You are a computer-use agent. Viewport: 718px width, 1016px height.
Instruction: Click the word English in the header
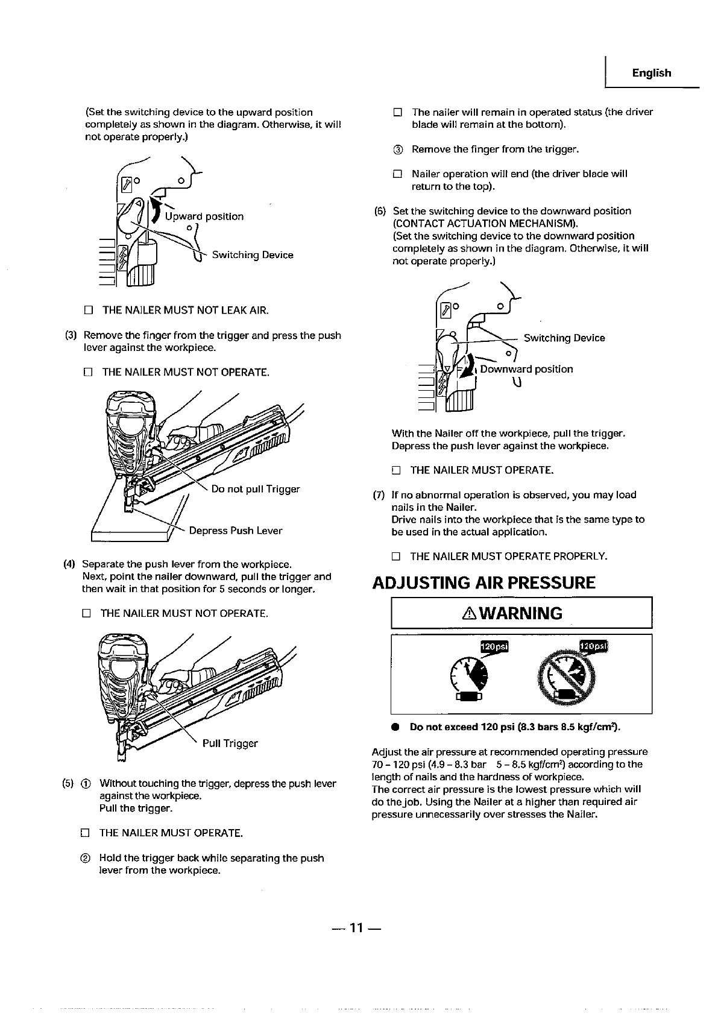(651, 73)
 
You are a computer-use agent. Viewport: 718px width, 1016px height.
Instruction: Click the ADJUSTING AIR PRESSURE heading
(483, 582)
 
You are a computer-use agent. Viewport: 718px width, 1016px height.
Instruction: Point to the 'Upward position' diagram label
(204, 216)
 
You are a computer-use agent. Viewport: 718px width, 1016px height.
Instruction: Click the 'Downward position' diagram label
(526, 369)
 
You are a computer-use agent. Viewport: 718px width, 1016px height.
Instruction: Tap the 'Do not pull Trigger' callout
(255, 488)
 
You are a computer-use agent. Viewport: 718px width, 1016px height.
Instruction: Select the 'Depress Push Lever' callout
(235, 531)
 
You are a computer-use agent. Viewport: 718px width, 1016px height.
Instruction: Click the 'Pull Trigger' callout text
(230, 743)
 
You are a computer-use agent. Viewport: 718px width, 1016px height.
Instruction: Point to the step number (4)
(69, 564)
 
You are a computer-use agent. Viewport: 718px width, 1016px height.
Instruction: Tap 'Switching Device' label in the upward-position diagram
(252, 255)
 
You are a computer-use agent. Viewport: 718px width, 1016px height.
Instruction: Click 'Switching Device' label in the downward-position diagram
(564, 338)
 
